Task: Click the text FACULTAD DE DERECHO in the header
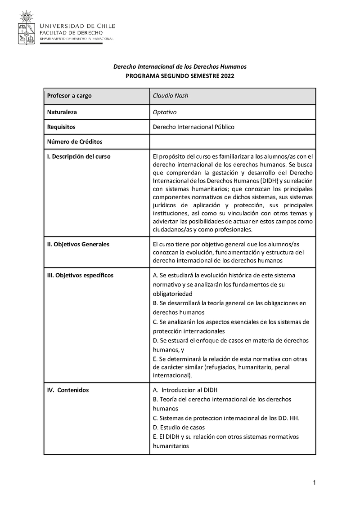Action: point(71,33)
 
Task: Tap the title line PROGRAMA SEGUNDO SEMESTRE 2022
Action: point(180,76)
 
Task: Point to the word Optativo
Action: point(165,112)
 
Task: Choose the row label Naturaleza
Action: point(63,112)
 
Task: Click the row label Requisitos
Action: point(61,127)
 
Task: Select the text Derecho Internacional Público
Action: point(193,127)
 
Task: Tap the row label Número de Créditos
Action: point(75,142)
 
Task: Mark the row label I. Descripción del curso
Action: point(79,156)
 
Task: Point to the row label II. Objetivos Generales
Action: point(78,244)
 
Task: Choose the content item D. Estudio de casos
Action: point(179,427)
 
